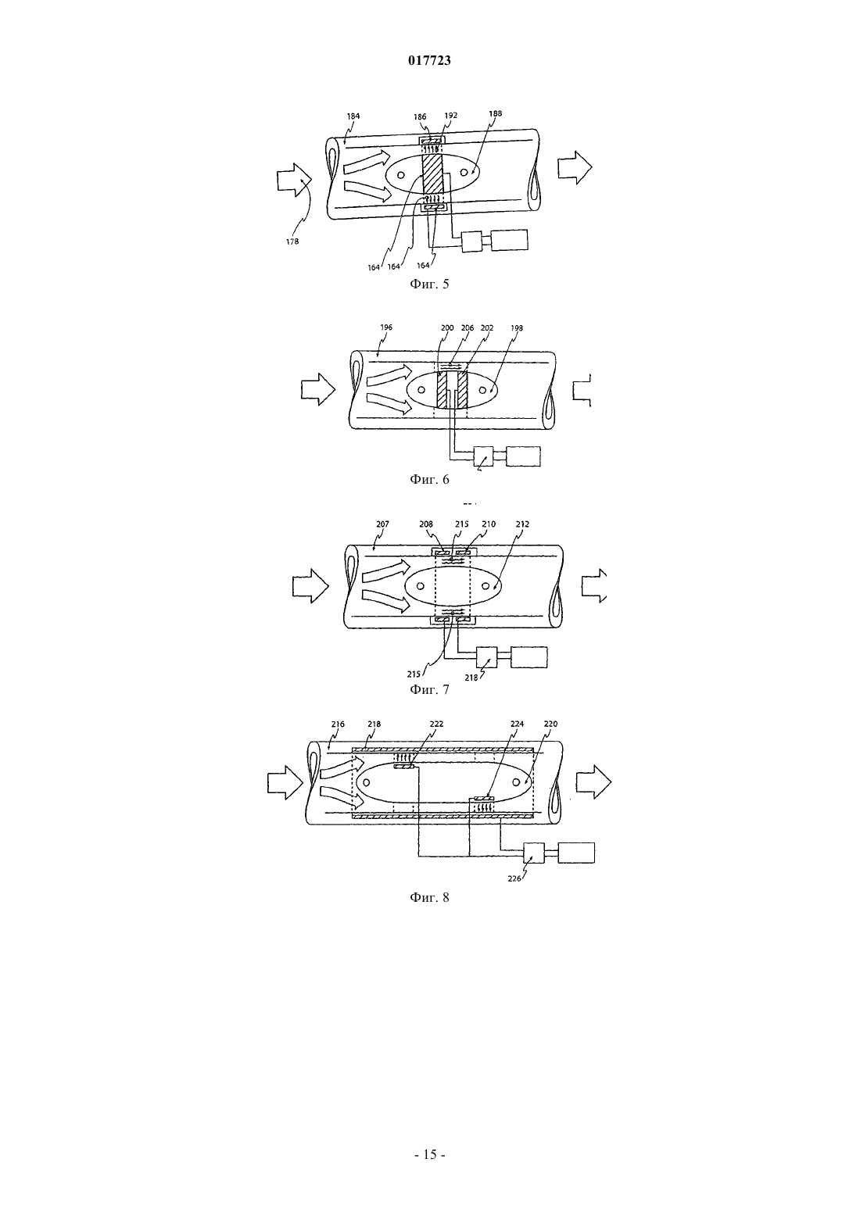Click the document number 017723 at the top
(429, 61)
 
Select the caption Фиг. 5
(429, 284)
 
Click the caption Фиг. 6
(429, 479)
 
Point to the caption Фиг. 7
(429, 689)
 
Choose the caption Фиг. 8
(429, 897)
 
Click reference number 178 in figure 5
(292, 241)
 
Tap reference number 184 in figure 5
(353, 116)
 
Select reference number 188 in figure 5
(495, 113)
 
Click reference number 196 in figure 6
(386, 327)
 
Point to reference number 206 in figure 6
(467, 328)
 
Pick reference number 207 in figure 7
(382, 524)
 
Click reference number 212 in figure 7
(522, 524)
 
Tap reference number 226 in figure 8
(514, 879)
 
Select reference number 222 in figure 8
(436, 724)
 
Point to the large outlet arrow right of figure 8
(593, 781)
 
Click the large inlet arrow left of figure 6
(318, 389)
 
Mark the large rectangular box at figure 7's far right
(529, 657)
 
